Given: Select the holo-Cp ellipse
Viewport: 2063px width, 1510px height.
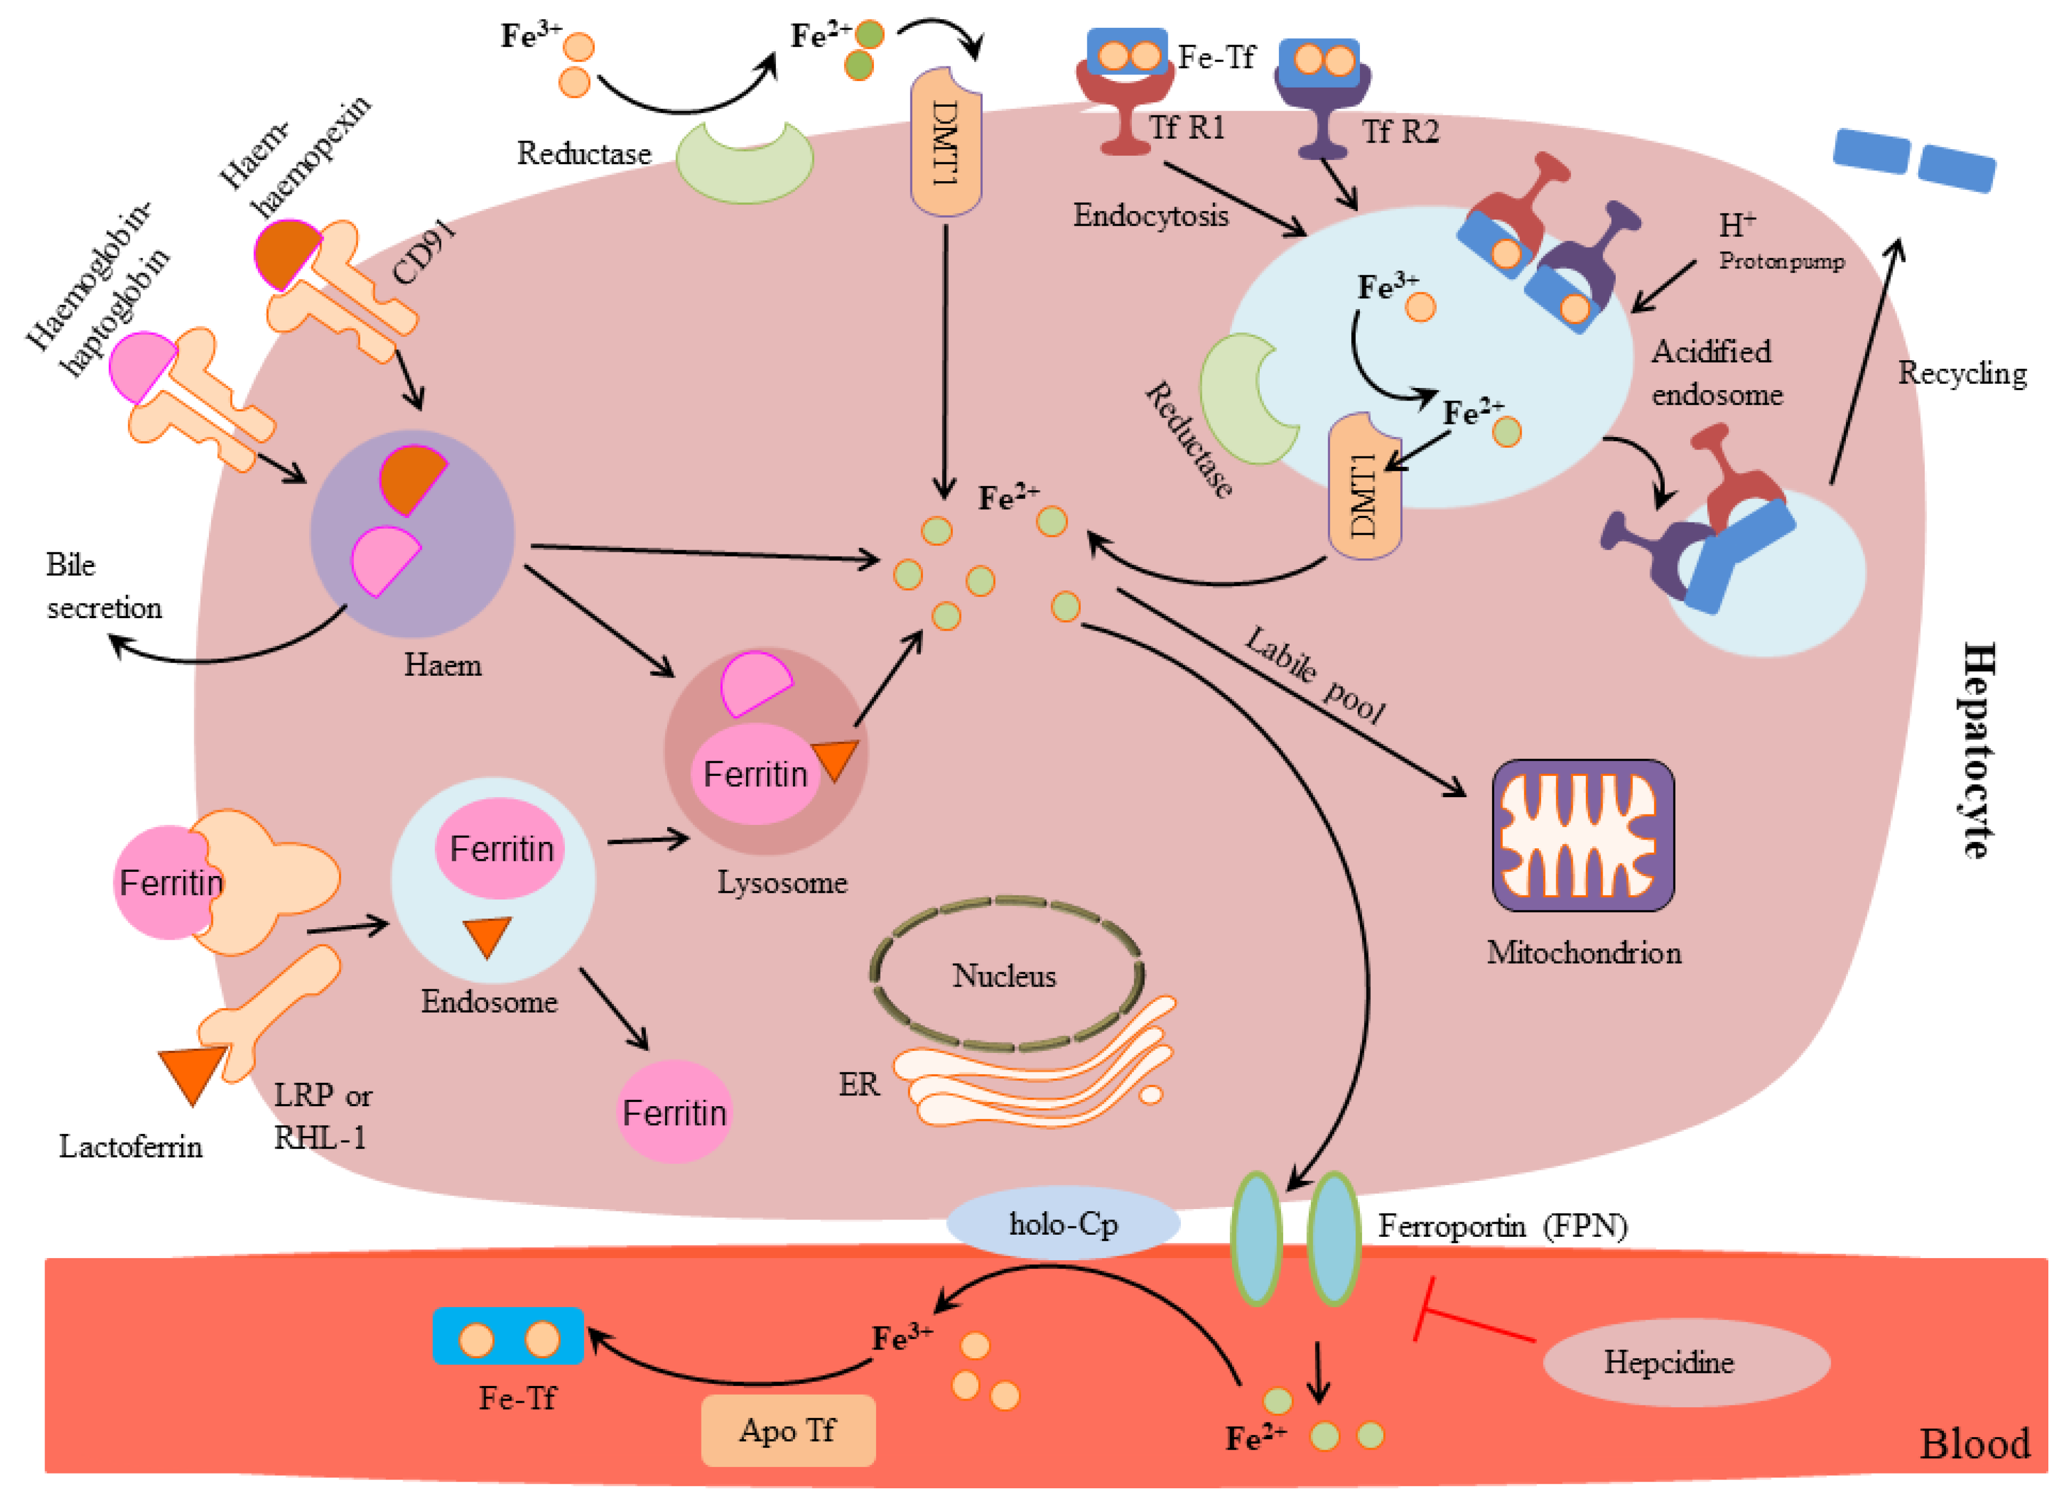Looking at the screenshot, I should [1063, 1223].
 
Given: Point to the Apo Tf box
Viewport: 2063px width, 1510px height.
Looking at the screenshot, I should [787, 1429].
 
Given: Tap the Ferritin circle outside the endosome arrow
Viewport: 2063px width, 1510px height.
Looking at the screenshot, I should [675, 1112].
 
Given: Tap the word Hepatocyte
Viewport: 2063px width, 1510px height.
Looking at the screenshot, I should [1978, 749].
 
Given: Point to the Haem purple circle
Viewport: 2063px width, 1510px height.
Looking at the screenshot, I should [412, 535].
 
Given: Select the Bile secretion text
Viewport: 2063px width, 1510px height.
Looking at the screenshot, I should [102, 586].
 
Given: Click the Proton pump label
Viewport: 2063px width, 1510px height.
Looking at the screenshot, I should [1781, 261].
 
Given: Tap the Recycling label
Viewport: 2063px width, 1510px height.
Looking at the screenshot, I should [1962, 373].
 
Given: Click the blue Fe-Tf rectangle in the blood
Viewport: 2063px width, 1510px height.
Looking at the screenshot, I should [508, 1336].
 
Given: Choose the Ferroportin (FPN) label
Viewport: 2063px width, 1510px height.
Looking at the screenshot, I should [1502, 1226].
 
